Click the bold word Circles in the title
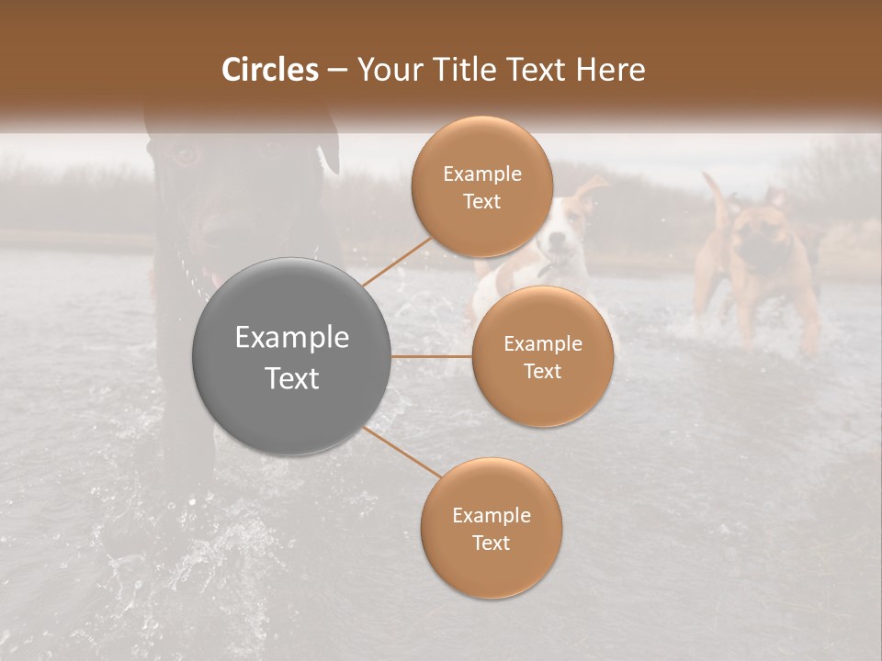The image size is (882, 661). click(x=270, y=70)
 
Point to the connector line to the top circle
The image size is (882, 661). click(x=395, y=262)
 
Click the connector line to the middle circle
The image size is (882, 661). click(x=432, y=356)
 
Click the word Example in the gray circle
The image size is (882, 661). click(x=292, y=338)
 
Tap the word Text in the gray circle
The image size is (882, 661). click(x=292, y=378)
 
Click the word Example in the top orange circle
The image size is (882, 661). click(x=481, y=174)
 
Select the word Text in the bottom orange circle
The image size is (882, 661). click(x=491, y=543)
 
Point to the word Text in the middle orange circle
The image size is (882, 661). click(x=542, y=371)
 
